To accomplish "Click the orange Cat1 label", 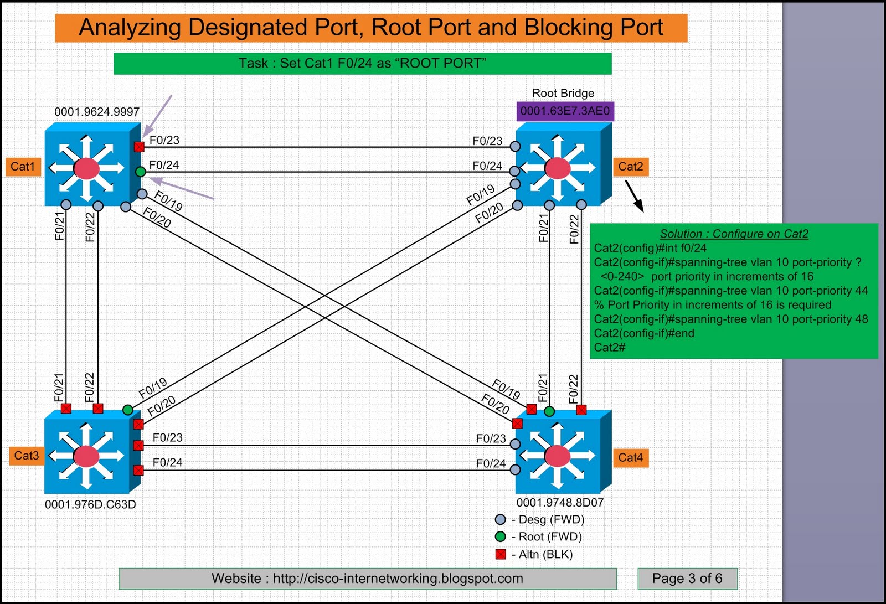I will (x=23, y=167).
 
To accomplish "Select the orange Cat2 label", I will (x=631, y=167).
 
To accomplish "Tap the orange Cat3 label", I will (x=26, y=456).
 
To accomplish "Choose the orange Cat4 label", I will (x=631, y=458).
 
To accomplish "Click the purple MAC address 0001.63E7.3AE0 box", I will (x=565, y=111).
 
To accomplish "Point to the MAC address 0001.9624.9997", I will (x=97, y=112).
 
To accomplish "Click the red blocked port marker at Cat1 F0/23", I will (x=139, y=147).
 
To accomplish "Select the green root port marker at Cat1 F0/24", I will (x=141, y=172).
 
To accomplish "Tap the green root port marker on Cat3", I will (x=128, y=410).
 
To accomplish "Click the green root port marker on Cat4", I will (x=549, y=411).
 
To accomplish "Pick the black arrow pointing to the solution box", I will (x=635, y=197).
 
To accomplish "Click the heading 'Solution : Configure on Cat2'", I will (x=734, y=234).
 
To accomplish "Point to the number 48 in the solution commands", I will (x=861, y=319).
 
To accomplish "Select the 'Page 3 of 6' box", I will (x=687, y=579).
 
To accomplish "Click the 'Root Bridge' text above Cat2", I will (x=563, y=93).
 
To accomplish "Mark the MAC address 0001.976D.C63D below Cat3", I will (x=90, y=504).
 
